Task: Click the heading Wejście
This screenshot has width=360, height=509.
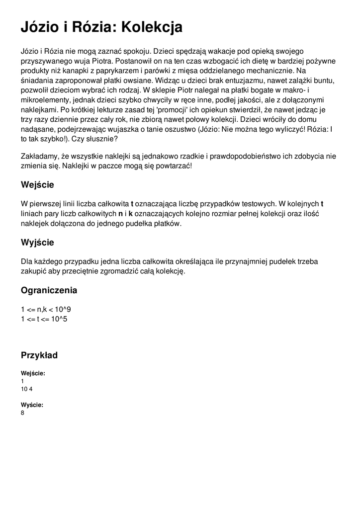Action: (x=37, y=185)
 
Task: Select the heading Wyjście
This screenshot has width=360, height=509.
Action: (x=37, y=243)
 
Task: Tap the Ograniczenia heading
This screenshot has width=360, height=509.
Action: (x=49, y=290)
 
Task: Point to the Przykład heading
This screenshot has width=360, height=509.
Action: (x=39, y=355)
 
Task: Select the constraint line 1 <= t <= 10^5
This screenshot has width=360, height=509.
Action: (x=44, y=319)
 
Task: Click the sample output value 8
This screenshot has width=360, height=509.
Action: (x=23, y=413)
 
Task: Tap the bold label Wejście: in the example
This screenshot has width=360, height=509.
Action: (x=33, y=373)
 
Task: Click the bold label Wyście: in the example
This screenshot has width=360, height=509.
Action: (x=32, y=405)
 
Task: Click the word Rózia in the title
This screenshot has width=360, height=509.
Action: (x=85, y=27)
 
